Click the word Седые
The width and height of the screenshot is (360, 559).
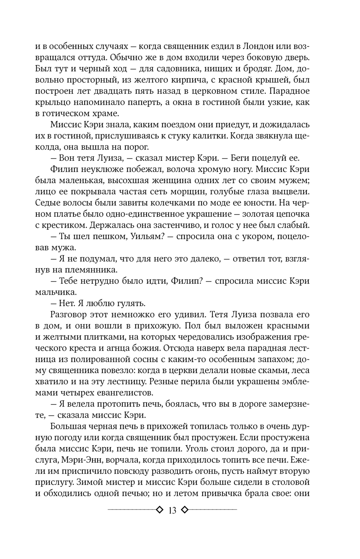[52, 203]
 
